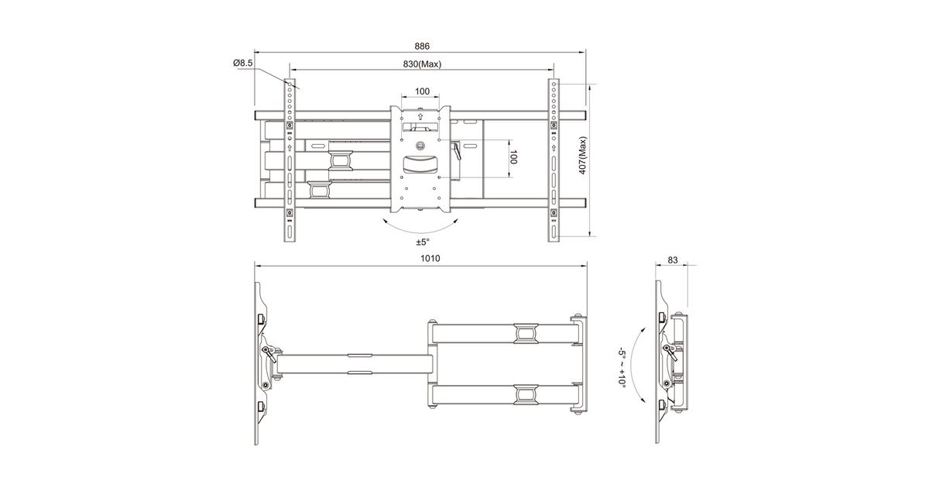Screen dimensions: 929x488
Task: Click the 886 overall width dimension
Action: pos(422,46)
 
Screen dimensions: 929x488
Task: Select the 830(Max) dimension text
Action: pos(422,64)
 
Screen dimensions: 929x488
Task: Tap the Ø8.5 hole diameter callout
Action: pos(243,63)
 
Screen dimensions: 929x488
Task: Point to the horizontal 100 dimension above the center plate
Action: pos(422,91)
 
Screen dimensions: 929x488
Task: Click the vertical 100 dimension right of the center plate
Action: pos(513,157)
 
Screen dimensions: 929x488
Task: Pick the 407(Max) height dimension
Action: pos(583,156)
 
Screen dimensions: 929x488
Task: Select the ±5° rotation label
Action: pos(423,242)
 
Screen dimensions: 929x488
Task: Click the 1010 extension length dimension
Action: pos(430,259)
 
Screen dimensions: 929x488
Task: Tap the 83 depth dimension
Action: pos(672,259)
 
